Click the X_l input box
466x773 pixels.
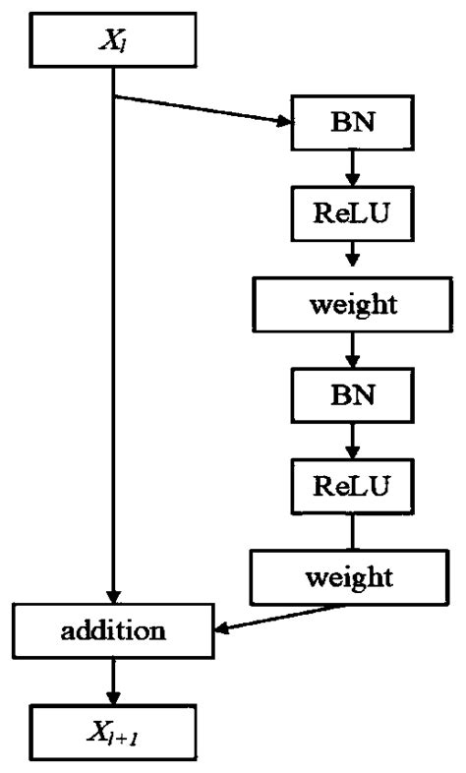click(x=115, y=40)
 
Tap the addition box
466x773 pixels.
click(x=115, y=629)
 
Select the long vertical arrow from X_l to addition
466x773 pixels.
click(x=115, y=344)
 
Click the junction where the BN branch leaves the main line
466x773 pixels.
click(x=115, y=97)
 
